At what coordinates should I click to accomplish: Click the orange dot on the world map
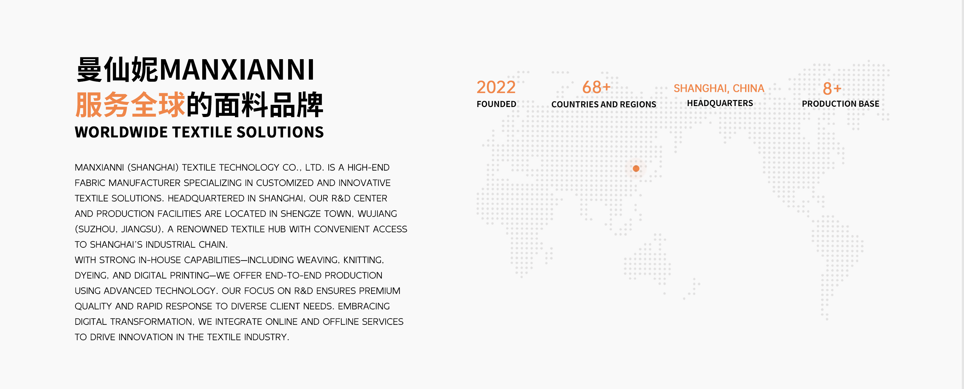point(636,168)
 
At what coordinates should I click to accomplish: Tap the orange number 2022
point(496,87)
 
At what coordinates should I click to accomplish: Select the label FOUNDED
point(496,104)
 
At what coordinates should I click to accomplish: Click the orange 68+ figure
point(596,87)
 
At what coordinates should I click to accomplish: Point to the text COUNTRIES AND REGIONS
point(604,104)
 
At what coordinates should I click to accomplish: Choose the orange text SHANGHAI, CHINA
point(719,88)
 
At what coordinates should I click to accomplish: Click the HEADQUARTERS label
point(720,103)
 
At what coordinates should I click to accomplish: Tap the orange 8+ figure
point(832,89)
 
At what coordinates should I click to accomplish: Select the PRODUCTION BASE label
point(840,104)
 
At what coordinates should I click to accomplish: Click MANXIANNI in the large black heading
point(237,70)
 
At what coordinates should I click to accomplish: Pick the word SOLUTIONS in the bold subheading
point(280,132)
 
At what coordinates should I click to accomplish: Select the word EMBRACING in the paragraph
point(364,306)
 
